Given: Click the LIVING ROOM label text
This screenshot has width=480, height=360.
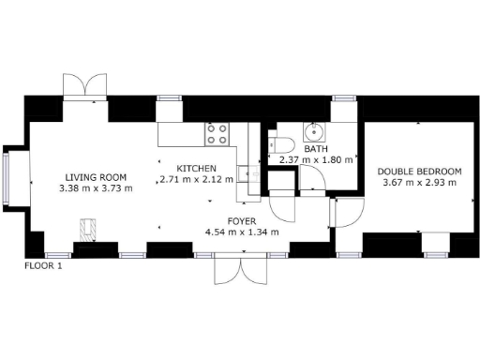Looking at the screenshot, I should click(x=96, y=176).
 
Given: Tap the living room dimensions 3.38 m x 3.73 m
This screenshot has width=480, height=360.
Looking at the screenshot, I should click(x=96, y=187).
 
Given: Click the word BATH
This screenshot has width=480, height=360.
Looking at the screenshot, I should click(x=315, y=148).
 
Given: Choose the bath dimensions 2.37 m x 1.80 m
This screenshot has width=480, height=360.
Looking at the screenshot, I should click(x=315, y=159).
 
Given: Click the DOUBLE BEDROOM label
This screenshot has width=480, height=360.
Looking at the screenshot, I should click(x=419, y=172).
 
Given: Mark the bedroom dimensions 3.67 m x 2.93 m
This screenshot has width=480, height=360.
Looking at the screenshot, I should click(x=419, y=183).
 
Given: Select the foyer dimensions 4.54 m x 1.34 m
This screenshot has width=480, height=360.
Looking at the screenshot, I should click(x=241, y=232).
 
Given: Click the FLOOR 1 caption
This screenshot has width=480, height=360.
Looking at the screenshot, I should click(x=43, y=265).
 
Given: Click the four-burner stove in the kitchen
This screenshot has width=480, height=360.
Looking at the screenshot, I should click(x=217, y=134).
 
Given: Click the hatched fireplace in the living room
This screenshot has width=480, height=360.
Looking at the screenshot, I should click(x=88, y=231).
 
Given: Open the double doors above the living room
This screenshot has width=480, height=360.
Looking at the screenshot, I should click(x=85, y=84).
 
